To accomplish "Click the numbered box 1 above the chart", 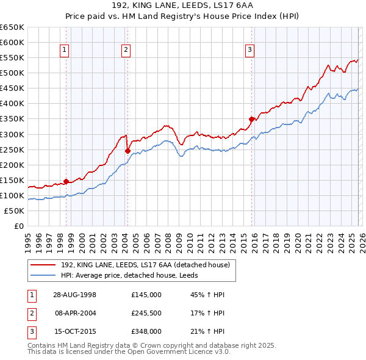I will tap(65, 51).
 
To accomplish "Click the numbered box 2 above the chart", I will tap(126, 51).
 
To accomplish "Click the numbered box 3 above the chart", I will tap(250, 51).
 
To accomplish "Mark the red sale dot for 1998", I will tap(66, 181).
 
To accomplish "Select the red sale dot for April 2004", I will tap(127, 151).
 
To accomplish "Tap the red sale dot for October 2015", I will tap(251, 119).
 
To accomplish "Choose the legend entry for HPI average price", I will tap(134, 275).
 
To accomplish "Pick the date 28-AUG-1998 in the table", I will tap(74, 295).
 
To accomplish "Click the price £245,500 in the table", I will tap(146, 313).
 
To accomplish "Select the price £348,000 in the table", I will tap(146, 331).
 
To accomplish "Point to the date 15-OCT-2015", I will tap(74, 331).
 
